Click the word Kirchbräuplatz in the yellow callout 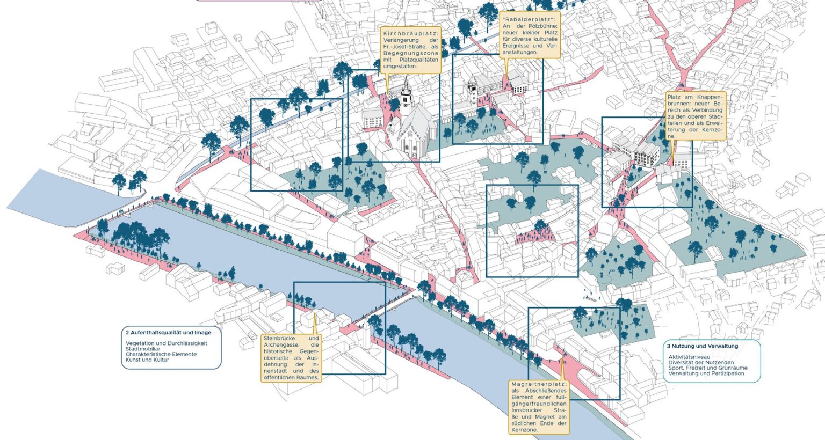411,33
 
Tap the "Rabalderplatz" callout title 529,19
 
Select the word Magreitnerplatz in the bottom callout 539,384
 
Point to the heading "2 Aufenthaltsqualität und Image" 168,333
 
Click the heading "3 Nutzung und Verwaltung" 703,346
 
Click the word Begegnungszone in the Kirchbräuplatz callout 411,53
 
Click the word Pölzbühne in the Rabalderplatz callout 544,26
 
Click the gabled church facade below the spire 411,140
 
